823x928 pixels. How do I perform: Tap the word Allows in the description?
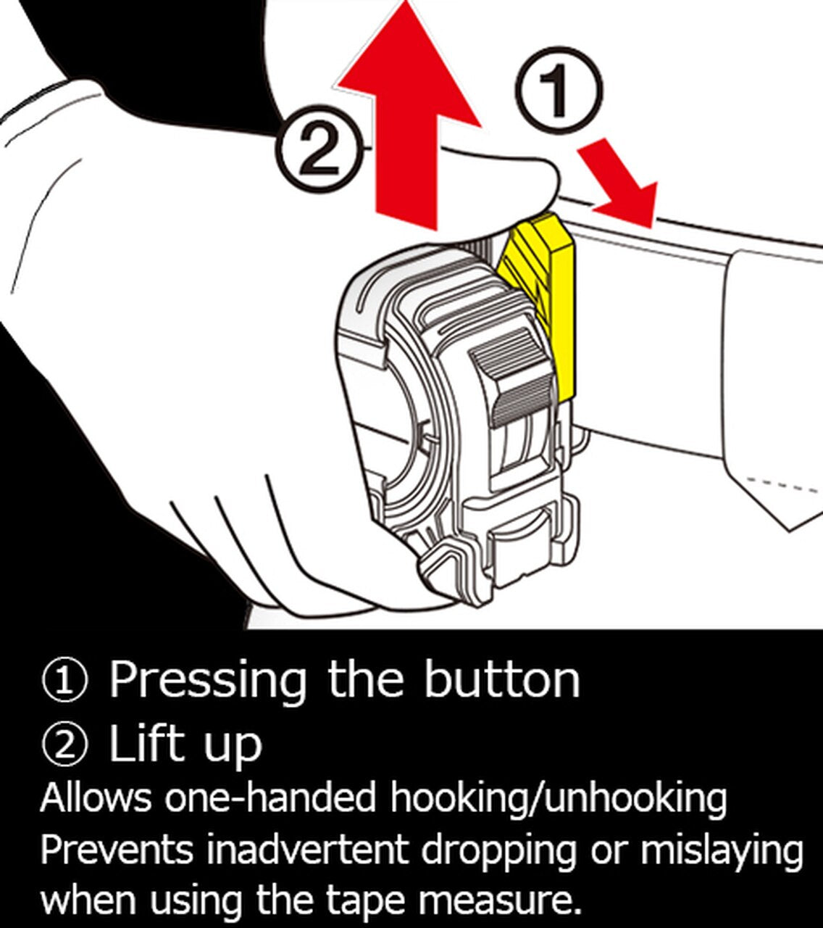(96, 797)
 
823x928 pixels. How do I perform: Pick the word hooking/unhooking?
(558, 799)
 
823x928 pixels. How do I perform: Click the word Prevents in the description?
(117, 850)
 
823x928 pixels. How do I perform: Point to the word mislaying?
(722, 851)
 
